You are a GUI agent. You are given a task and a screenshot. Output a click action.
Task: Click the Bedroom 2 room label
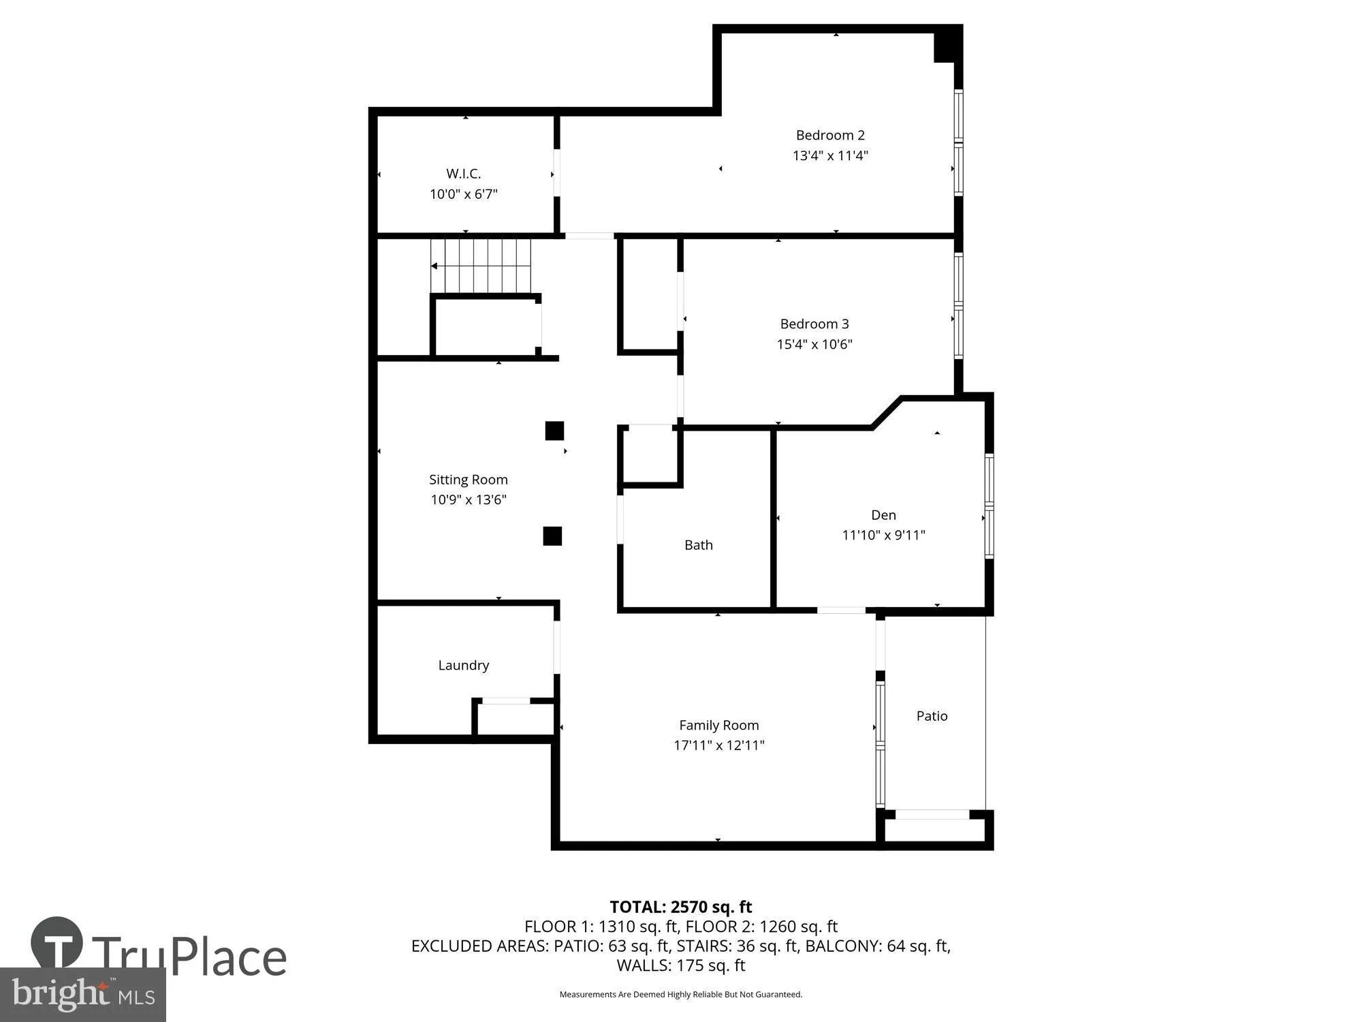(x=829, y=135)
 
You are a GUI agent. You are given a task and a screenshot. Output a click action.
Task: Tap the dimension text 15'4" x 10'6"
(x=814, y=344)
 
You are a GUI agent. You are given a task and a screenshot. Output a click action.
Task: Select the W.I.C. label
(x=463, y=174)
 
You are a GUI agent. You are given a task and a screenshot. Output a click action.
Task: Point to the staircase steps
(x=481, y=266)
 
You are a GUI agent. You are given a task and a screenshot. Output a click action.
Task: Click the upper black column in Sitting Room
(x=554, y=431)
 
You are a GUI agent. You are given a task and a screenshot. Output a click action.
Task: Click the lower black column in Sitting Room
(x=552, y=536)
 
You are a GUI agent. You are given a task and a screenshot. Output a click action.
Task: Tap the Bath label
(x=698, y=545)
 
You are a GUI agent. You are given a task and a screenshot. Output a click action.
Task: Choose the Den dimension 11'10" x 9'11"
(x=883, y=535)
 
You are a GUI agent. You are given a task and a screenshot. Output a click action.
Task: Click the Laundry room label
(x=463, y=665)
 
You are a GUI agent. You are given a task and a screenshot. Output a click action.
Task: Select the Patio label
(x=932, y=715)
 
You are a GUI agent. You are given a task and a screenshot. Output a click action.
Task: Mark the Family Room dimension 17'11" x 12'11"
(x=718, y=745)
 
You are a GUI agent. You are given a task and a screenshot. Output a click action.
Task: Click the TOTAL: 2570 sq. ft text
(x=680, y=907)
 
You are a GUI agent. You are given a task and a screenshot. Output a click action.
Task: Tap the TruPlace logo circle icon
(x=57, y=944)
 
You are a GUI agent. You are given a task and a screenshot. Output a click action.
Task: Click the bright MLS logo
(x=82, y=995)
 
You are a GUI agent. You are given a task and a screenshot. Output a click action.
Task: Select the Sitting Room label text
(x=468, y=480)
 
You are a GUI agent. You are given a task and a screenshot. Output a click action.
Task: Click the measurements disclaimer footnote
(x=680, y=995)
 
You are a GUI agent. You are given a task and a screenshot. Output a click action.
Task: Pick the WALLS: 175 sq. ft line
(x=680, y=965)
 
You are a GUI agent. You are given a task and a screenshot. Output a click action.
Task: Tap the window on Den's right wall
(x=989, y=506)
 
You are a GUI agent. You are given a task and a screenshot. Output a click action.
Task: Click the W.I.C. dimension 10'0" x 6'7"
(x=463, y=194)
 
